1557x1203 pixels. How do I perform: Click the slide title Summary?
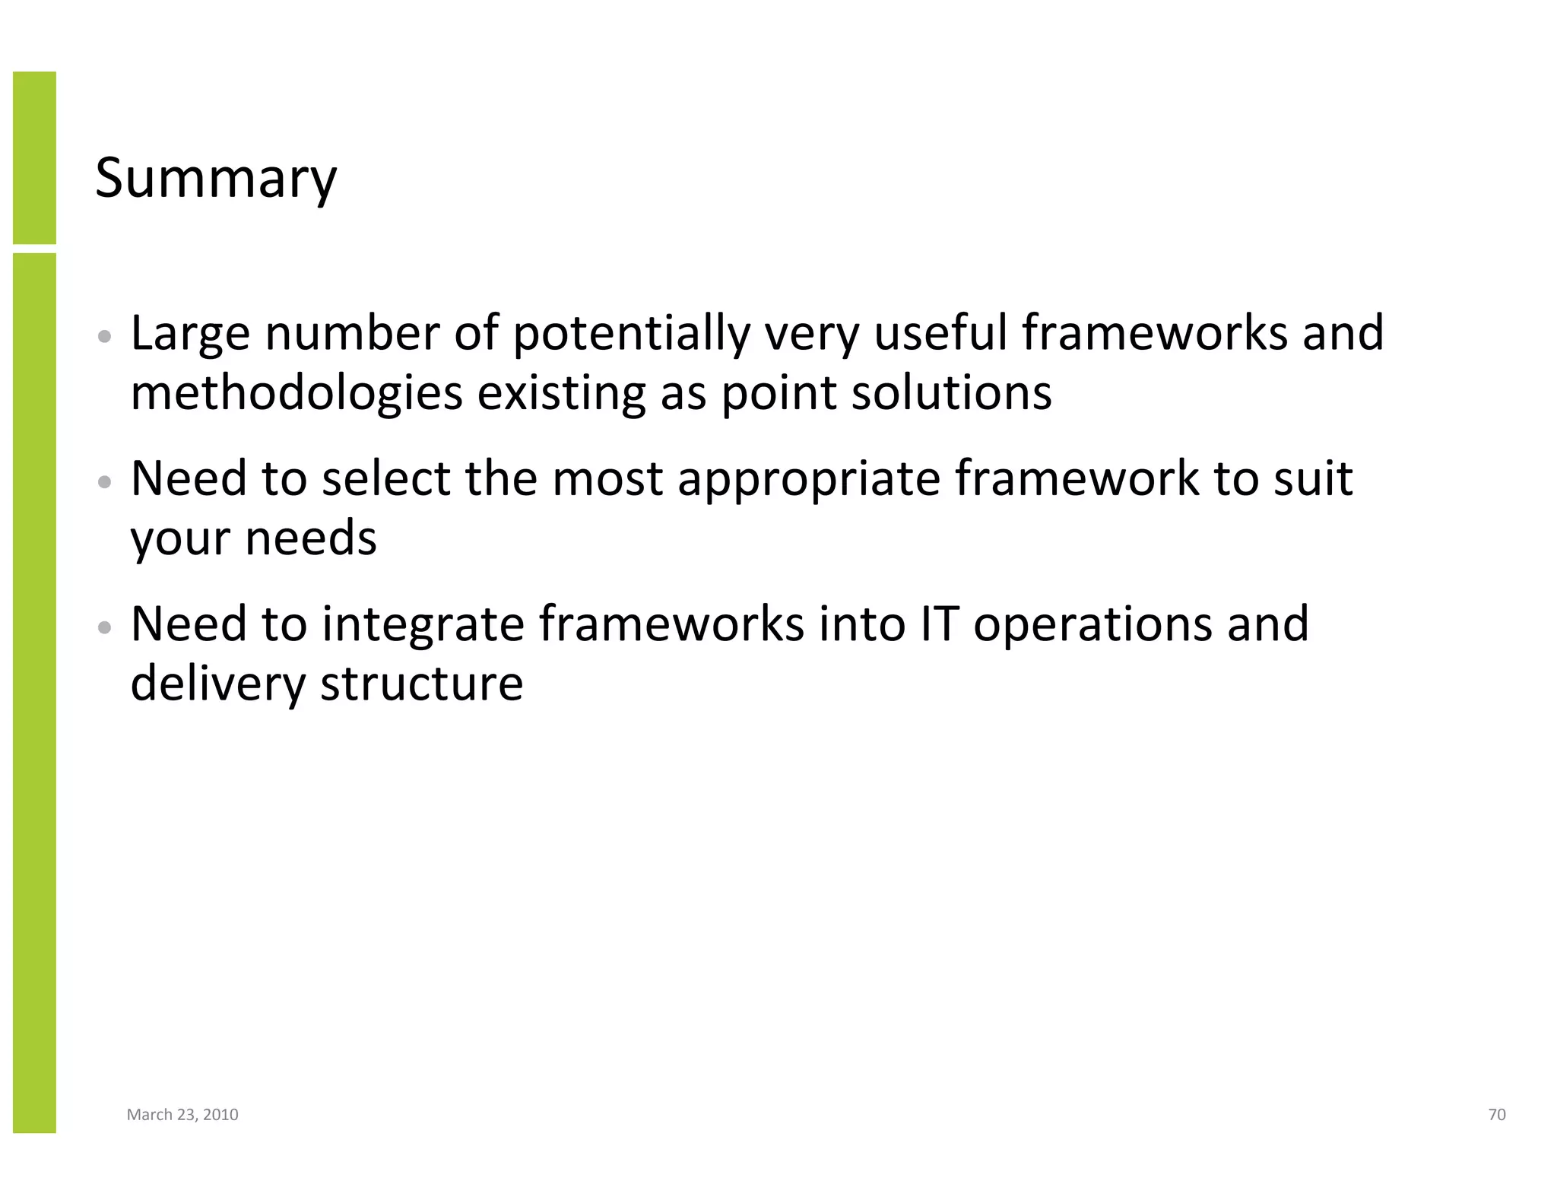[x=216, y=178]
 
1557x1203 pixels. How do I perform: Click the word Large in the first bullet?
[x=190, y=335]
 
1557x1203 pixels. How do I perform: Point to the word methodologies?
[x=296, y=394]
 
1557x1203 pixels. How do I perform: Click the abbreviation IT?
[x=938, y=624]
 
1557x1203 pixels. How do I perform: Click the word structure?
[x=422, y=684]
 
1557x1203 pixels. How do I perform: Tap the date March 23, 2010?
[x=182, y=1115]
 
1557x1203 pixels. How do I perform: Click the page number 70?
[x=1496, y=1115]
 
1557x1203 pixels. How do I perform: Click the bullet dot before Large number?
[x=106, y=336]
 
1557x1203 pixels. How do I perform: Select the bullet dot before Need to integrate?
[x=106, y=627]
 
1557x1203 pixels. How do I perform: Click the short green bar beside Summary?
[x=34, y=157]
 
